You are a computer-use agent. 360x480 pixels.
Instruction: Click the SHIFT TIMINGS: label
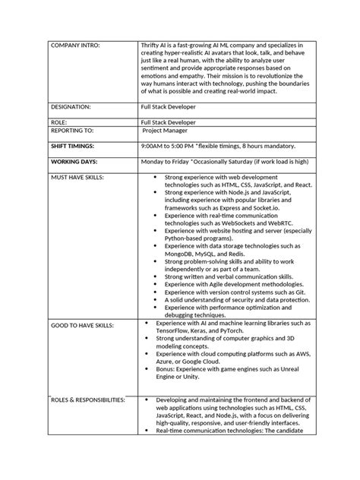(74, 145)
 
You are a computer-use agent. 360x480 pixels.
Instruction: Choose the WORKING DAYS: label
(74, 161)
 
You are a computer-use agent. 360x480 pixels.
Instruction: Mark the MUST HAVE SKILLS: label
(77, 176)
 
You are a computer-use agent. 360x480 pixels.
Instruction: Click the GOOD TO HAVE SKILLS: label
(81, 324)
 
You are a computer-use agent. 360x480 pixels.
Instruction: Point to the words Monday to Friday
(164, 161)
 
